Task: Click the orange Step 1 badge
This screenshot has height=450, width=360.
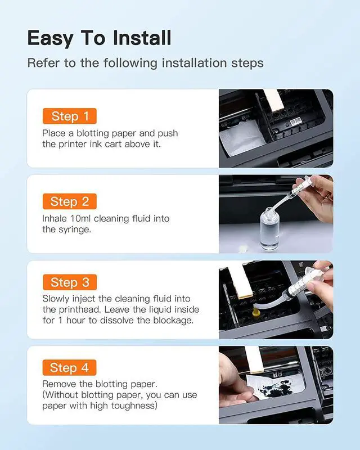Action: pos(70,116)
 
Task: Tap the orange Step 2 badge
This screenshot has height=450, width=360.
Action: pos(70,201)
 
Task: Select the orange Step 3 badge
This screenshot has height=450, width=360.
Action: pos(70,282)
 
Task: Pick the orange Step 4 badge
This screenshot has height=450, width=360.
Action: pos(70,367)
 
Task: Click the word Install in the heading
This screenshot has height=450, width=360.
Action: pos(142,38)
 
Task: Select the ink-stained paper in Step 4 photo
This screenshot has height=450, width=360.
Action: pos(274,386)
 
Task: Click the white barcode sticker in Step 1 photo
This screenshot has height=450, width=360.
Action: pos(296,122)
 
